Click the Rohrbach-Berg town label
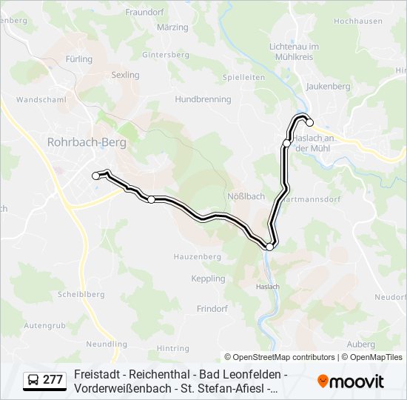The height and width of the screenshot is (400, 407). (x=87, y=141)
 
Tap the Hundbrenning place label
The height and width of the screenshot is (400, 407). (x=203, y=99)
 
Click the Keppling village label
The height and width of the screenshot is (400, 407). (x=208, y=279)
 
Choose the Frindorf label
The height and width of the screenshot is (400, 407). (x=212, y=308)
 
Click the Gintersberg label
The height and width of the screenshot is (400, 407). (x=166, y=55)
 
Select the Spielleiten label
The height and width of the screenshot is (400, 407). (x=243, y=77)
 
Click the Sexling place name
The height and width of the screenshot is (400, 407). (x=125, y=75)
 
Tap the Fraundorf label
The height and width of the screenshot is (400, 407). (x=144, y=12)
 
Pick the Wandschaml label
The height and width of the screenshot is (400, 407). (x=41, y=99)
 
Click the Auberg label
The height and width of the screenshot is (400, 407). (x=360, y=344)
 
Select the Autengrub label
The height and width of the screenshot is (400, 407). (x=44, y=325)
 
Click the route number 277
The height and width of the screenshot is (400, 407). (x=53, y=380)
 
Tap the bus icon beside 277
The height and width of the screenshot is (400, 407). (x=33, y=380)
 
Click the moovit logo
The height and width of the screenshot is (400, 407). (x=351, y=381)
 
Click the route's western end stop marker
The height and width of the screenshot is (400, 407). (x=95, y=176)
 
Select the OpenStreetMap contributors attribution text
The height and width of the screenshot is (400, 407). (x=280, y=357)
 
